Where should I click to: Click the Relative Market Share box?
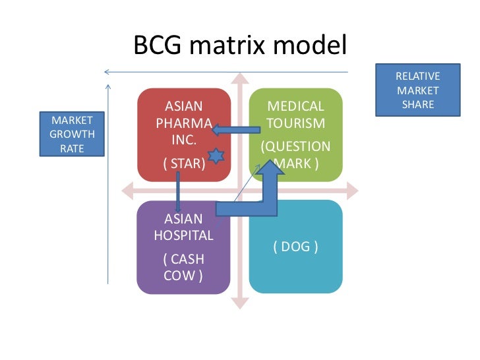click(x=417, y=91)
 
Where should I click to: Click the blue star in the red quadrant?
click(x=216, y=156)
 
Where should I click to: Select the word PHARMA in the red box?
click(x=184, y=124)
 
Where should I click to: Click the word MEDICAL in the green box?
click(x=295, y=107)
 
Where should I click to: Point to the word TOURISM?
click(x=295, y=124)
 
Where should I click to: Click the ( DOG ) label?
click(x=295, y=247)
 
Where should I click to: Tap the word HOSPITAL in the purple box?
click(x=183, y=235)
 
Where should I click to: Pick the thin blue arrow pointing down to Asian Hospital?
click(x=178, y=191)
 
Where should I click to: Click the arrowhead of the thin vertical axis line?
click(x=107, y=87)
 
